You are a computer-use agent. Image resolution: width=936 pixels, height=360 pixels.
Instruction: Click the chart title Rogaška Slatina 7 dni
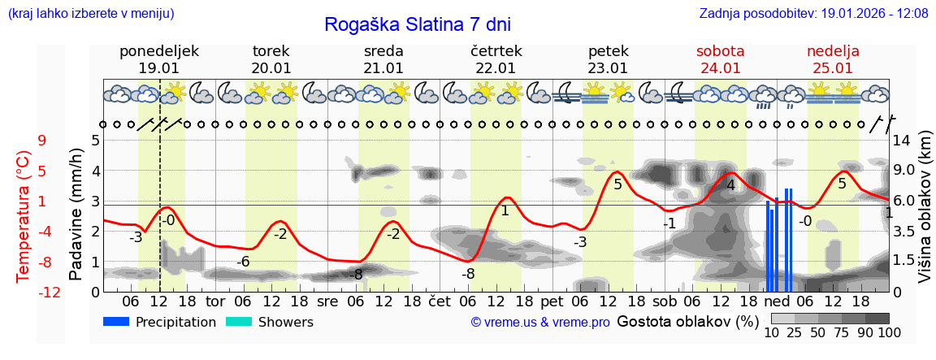pyautogui.click(x=417, y=24)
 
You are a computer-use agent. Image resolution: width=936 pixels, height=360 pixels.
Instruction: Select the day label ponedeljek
pyautogui.click(x=158, y=51)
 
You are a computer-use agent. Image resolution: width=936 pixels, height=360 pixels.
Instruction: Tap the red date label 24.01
pyautogui.click(x=720, y=68)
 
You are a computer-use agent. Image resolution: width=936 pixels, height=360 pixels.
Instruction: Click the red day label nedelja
pyautogui.click(x=833, y=51)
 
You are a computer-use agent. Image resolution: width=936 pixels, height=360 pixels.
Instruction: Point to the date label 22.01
pyautogui.click(x=496, y=68)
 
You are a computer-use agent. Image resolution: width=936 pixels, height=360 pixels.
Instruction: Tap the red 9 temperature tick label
pyautogui.click(x=42, y=141)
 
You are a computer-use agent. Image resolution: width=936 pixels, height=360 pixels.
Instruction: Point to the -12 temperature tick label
pyautogui.click(x=50, y=292)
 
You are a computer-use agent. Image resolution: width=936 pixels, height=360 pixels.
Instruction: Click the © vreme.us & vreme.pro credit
pyautogui.click(x=540, y=323)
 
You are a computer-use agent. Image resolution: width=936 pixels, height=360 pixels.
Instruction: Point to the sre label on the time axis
pyautogui.click(x=327, y=301)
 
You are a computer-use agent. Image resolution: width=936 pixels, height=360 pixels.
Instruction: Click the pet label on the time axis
pyautogui.click(x=552, y=301)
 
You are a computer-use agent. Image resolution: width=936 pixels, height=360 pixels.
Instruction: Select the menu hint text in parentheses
pyautogui.click(x=90, y=14)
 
